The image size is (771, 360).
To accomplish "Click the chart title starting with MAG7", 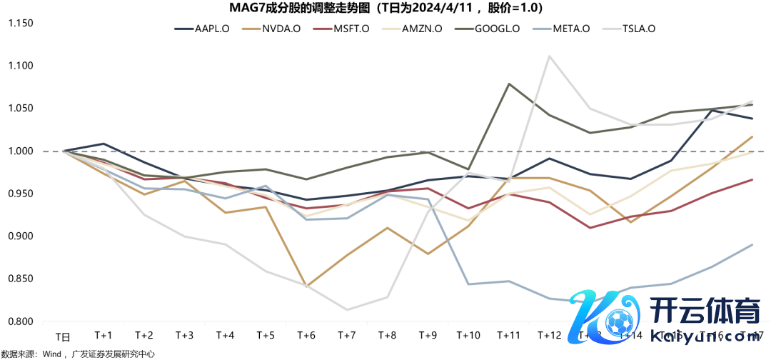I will pyautogui.click(x=385, y=9).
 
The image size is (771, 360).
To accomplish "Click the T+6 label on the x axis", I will pyautogui.click(x=306, y=335).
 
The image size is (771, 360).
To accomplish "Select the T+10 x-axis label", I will pyautogui.click(x=468, y=335).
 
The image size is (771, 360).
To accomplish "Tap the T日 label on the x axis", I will pyautogui.click(x=64, y=335).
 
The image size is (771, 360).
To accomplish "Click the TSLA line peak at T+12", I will pyautogui.click(x=549, y=56).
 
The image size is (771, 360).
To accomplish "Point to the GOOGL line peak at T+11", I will pyautogui.click(x=509, y=84).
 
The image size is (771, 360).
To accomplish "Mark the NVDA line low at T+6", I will pyautogui.click(x=306, y=286).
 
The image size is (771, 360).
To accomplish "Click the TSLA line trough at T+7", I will pyautogui.click(x=347, y=309).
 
